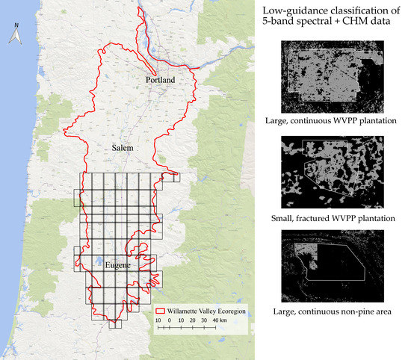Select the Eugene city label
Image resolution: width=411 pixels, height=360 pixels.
[x=99, y=264]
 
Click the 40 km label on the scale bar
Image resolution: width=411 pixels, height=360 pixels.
[x=217, y=320]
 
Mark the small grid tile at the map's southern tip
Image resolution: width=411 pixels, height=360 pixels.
[x=115, y=324]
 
